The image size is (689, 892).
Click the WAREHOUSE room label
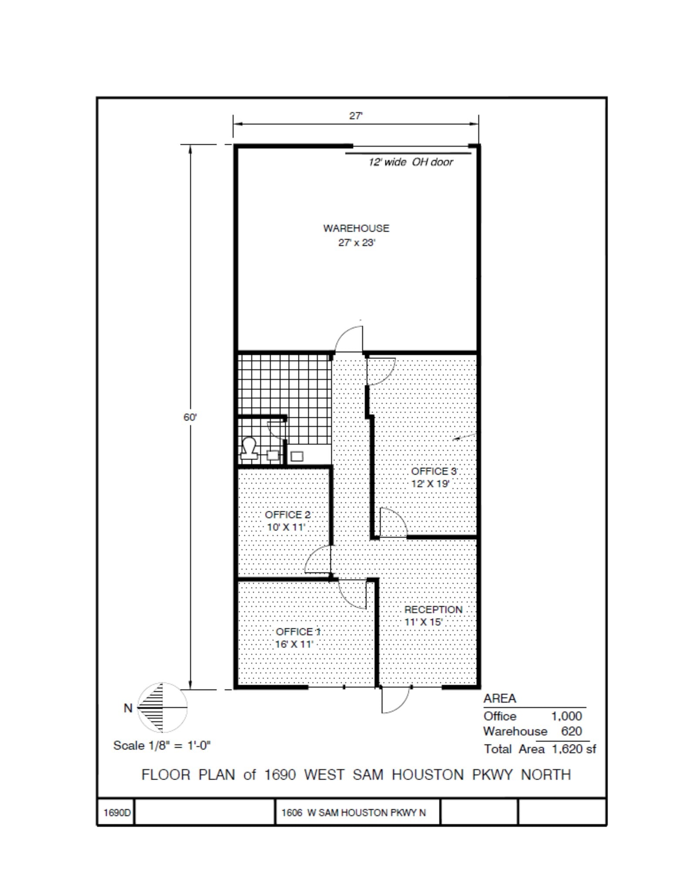356,228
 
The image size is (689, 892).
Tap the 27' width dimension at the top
356,116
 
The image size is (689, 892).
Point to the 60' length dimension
190,417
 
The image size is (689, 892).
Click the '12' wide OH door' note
410,162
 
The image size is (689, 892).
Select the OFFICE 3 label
434,471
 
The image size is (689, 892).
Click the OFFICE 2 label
288,515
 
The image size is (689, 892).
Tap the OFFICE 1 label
298,632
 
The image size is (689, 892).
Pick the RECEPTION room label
433,610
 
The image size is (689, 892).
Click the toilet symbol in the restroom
249,449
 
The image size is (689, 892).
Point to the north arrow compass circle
162,708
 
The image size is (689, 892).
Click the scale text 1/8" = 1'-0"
162,746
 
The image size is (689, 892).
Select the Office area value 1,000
566,716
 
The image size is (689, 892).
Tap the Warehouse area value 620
571,731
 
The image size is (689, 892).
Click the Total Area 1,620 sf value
574,749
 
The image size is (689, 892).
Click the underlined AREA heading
499,699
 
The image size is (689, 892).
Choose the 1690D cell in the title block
116,813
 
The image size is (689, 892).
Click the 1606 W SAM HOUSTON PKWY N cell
353,813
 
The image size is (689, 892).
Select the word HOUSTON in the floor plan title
427,775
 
